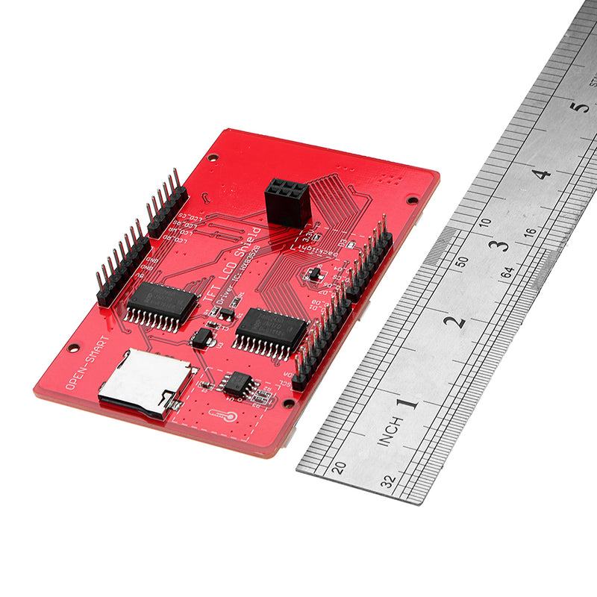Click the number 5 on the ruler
pyautogui.click(x=578, y=106)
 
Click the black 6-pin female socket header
pyautogui.click(x=287, y=201)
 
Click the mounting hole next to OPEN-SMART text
pyautogui.click(x=73, y=348)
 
